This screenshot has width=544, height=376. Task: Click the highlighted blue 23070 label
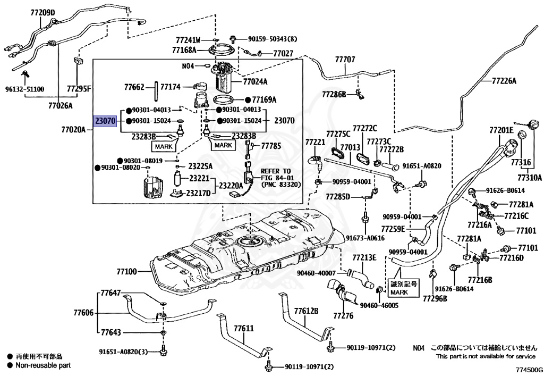tap(105, 121)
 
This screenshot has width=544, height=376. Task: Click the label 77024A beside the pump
tap(255, 82)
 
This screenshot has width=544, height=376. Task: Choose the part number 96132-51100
tap(25, 89)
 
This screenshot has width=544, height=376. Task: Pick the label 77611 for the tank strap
tap(243, 329)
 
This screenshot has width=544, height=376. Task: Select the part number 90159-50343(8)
tap(273, 39)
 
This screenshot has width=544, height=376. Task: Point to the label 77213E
tap(365, 258)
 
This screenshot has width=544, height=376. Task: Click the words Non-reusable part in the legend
tap(43, 365)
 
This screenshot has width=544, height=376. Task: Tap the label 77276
tap(343, 316)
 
